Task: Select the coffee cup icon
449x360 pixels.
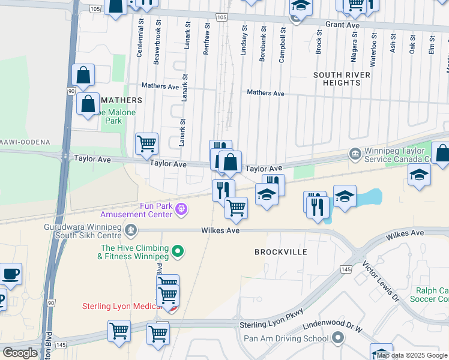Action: coord(10,275)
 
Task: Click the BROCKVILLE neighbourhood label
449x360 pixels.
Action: coord(281,252)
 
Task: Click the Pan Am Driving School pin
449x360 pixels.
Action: coord(337,338)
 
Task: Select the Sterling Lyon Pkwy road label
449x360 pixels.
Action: coord(271,319)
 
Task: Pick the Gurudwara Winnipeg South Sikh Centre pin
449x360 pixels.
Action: coord(130,229)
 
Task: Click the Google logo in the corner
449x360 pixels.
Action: coord(20,353)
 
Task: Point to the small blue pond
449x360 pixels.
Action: coord(372,197)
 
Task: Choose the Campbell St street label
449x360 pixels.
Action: coord(282,43)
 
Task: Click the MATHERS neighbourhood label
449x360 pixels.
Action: coord(122,100)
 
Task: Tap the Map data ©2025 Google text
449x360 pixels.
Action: coord(412,355)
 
